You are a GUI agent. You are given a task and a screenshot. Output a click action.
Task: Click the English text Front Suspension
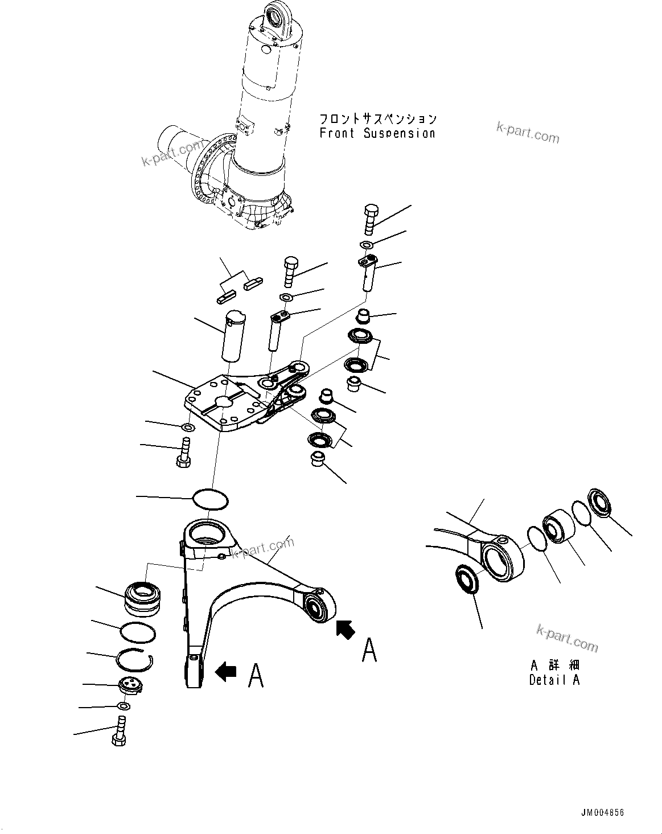(377, 133)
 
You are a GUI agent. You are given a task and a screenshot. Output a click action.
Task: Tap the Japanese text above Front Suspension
(377, 118)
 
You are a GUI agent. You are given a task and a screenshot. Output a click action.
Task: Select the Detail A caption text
(554, 680)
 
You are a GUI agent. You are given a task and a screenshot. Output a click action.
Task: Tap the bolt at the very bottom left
(119, 732)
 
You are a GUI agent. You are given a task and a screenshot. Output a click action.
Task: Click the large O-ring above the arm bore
(210, 499)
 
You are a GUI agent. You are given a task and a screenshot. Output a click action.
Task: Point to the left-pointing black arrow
(225, 672)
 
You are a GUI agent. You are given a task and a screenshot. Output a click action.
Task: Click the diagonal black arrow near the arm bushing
(345, 629)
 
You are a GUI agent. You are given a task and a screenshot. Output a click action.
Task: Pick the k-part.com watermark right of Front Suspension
(528, 133)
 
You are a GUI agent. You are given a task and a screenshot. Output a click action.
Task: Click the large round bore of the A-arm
(205, 533)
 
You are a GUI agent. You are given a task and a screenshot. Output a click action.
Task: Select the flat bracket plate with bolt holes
(225, 404)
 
